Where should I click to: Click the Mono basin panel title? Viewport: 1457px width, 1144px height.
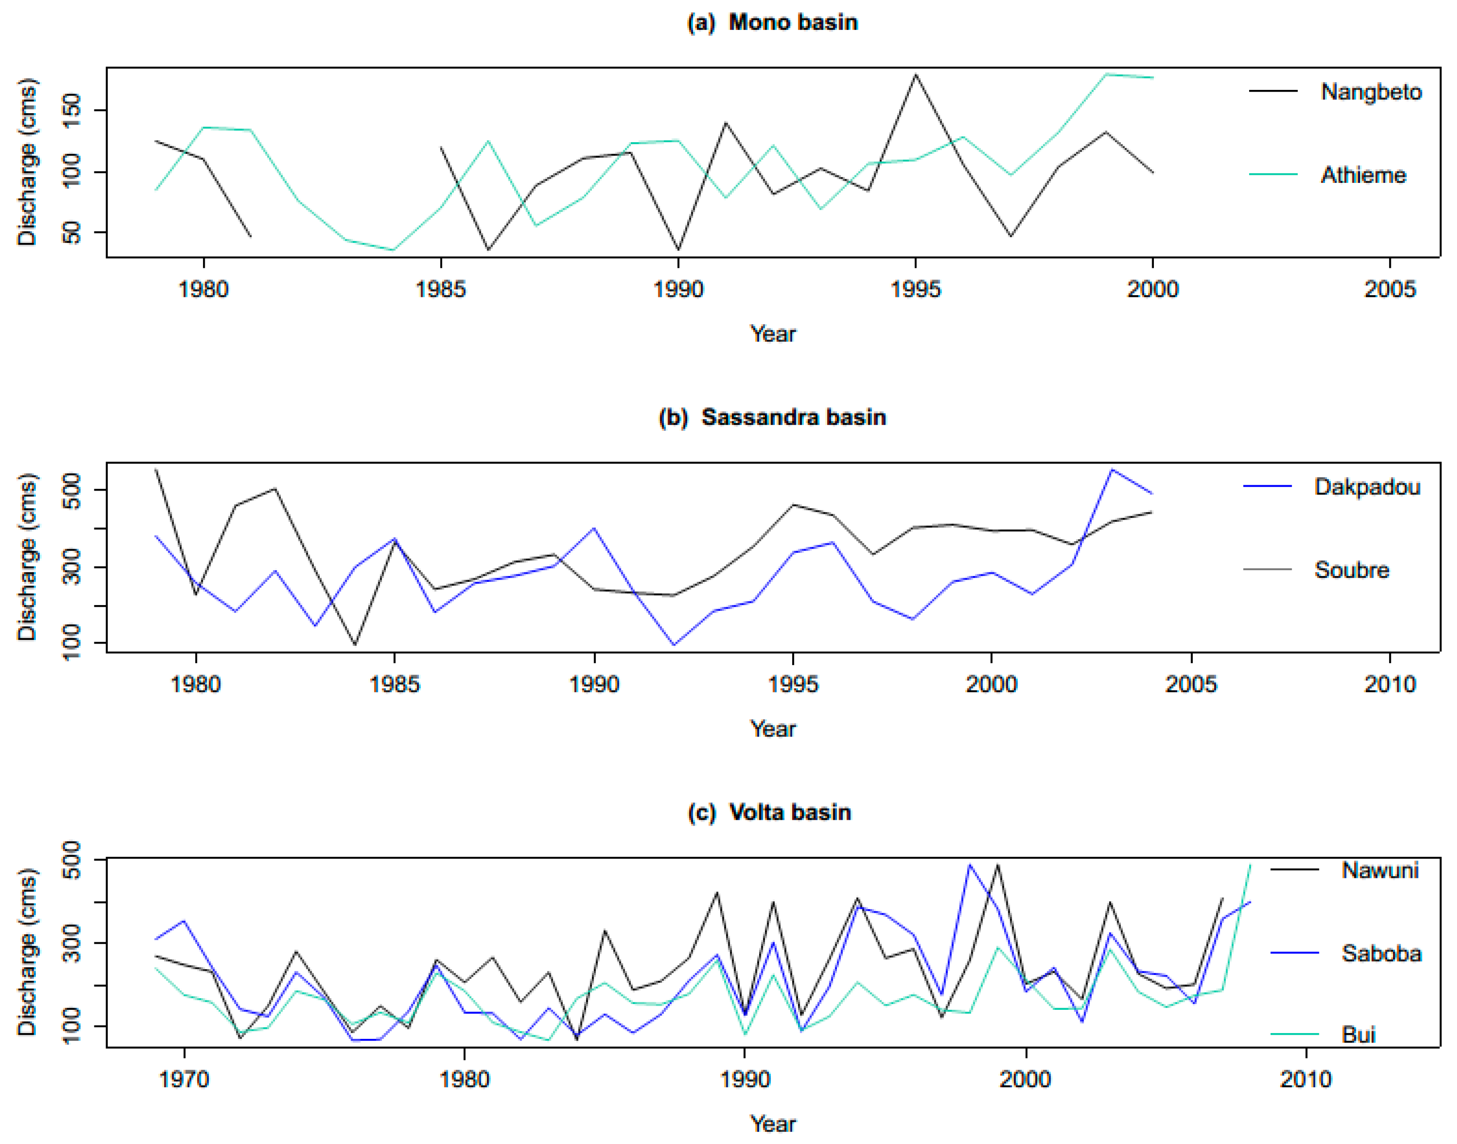(x=772, y=22)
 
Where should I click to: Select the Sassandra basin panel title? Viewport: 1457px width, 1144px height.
(x=772, y=417)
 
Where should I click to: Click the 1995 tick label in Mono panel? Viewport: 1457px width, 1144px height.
(x=915, y=289)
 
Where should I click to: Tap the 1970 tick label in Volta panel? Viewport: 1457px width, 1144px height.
(x=184, y=1079)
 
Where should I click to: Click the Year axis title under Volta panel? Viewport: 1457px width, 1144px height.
(x=772, y=1123)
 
